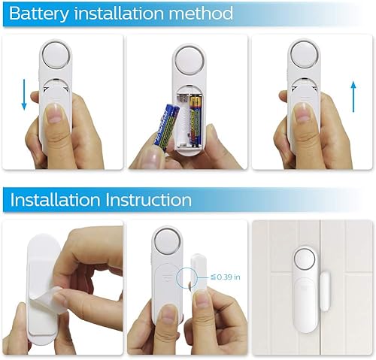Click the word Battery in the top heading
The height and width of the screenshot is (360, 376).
coord(38,14)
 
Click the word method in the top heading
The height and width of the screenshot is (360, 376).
coord(201,13)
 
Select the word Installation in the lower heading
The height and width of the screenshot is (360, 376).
coord(55,200)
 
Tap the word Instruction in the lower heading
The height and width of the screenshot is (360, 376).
coord(148,200)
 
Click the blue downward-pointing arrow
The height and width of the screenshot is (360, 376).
coord(24,95)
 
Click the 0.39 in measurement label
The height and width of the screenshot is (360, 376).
coord(226,277)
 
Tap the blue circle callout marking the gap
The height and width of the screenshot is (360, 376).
coord(186,277)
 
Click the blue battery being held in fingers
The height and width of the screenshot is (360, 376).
coord(167,128)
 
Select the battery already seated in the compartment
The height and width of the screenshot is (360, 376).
coord(196,121)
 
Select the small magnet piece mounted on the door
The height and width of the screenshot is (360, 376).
coord(325,291)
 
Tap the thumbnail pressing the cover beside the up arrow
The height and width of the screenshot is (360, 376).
coord(304,113)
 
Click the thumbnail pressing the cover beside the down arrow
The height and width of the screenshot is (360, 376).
coord(56,113)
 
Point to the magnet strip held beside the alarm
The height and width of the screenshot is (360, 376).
coord(199,273)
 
